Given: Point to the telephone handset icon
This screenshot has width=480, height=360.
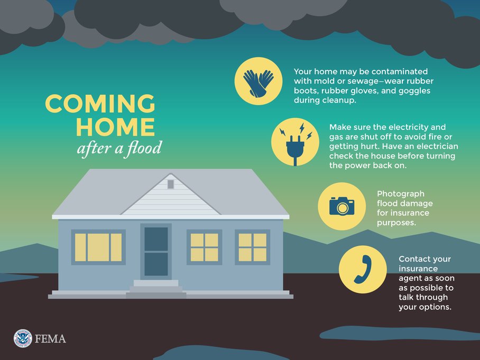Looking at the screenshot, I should (x=362, y=269).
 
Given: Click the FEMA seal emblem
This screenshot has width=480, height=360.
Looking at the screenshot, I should (x=22, y=338).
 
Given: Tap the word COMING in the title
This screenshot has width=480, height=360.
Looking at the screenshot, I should (x=100, y=104).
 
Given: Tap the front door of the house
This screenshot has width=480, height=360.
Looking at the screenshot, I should (x=156, y=251).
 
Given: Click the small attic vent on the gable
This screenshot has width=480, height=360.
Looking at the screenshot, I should (x=171, y=184).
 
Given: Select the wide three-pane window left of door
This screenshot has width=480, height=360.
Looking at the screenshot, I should (x=98, y=247).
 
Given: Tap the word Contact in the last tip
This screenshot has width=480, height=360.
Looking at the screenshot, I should (x=417, y=259).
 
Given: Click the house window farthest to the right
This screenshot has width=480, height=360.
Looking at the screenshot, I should (x=252, y=247).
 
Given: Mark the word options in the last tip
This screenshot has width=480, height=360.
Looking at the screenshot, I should (x=436, y=307).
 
